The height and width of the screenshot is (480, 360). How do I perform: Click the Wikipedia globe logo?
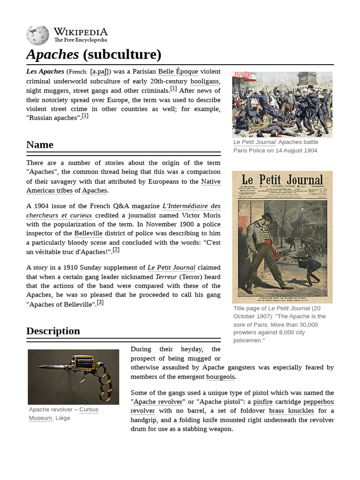click(37, 35)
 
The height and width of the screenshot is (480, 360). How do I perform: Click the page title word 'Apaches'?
click(52, 55)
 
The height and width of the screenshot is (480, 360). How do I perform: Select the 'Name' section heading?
click(40, 144)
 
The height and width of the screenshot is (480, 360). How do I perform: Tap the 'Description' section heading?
click(53, 331)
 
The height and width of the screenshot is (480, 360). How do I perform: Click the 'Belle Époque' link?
click(178, 72)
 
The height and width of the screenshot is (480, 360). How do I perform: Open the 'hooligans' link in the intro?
click(205, 81)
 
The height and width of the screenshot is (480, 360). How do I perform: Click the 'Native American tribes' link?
click(123, 186)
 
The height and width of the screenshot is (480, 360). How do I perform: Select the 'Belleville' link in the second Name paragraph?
click(88, 233)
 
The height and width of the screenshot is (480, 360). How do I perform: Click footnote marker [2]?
click(116, 250)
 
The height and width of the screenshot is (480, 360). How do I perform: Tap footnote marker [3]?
click(100, 302)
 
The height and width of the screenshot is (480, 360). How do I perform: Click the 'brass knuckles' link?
click(291, 411)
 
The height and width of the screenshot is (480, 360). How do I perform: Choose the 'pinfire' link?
click(262, 402)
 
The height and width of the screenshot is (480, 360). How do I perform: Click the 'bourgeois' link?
click(220, 377)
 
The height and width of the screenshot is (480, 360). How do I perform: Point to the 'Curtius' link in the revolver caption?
click(89, 410)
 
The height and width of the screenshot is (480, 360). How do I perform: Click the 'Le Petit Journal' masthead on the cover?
click(282, 180)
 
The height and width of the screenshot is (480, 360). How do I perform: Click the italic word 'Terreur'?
click(165, 277)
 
